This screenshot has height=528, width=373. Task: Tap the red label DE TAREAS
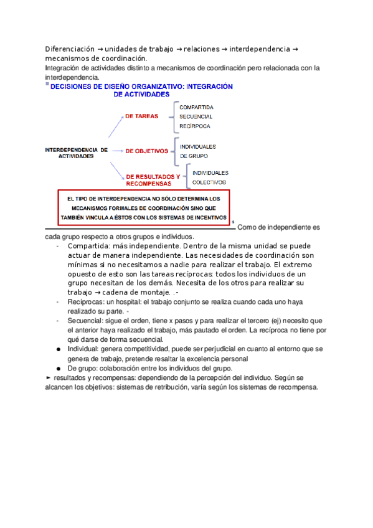(141, 116)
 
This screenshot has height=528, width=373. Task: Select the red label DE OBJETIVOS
(147, 151)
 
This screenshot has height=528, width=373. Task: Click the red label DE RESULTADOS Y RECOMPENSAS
(152, 180)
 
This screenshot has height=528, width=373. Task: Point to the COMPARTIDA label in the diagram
(197, 106)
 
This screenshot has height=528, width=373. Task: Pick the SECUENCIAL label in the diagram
(196, 116)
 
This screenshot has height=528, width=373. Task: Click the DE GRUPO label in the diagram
(194, 156)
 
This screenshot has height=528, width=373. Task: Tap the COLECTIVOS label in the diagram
(209, 182)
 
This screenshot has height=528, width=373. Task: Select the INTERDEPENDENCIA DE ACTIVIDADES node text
(76, 153)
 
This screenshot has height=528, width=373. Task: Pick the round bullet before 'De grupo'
(59, 368)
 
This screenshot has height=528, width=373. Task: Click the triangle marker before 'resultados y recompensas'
(49, 377)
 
